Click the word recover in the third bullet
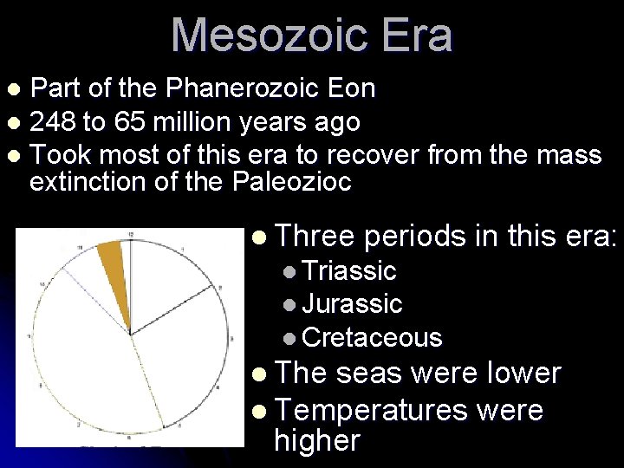point(367,155)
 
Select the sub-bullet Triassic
point(351,271)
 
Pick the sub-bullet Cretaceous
point(373,337)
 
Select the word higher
point(316,440)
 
